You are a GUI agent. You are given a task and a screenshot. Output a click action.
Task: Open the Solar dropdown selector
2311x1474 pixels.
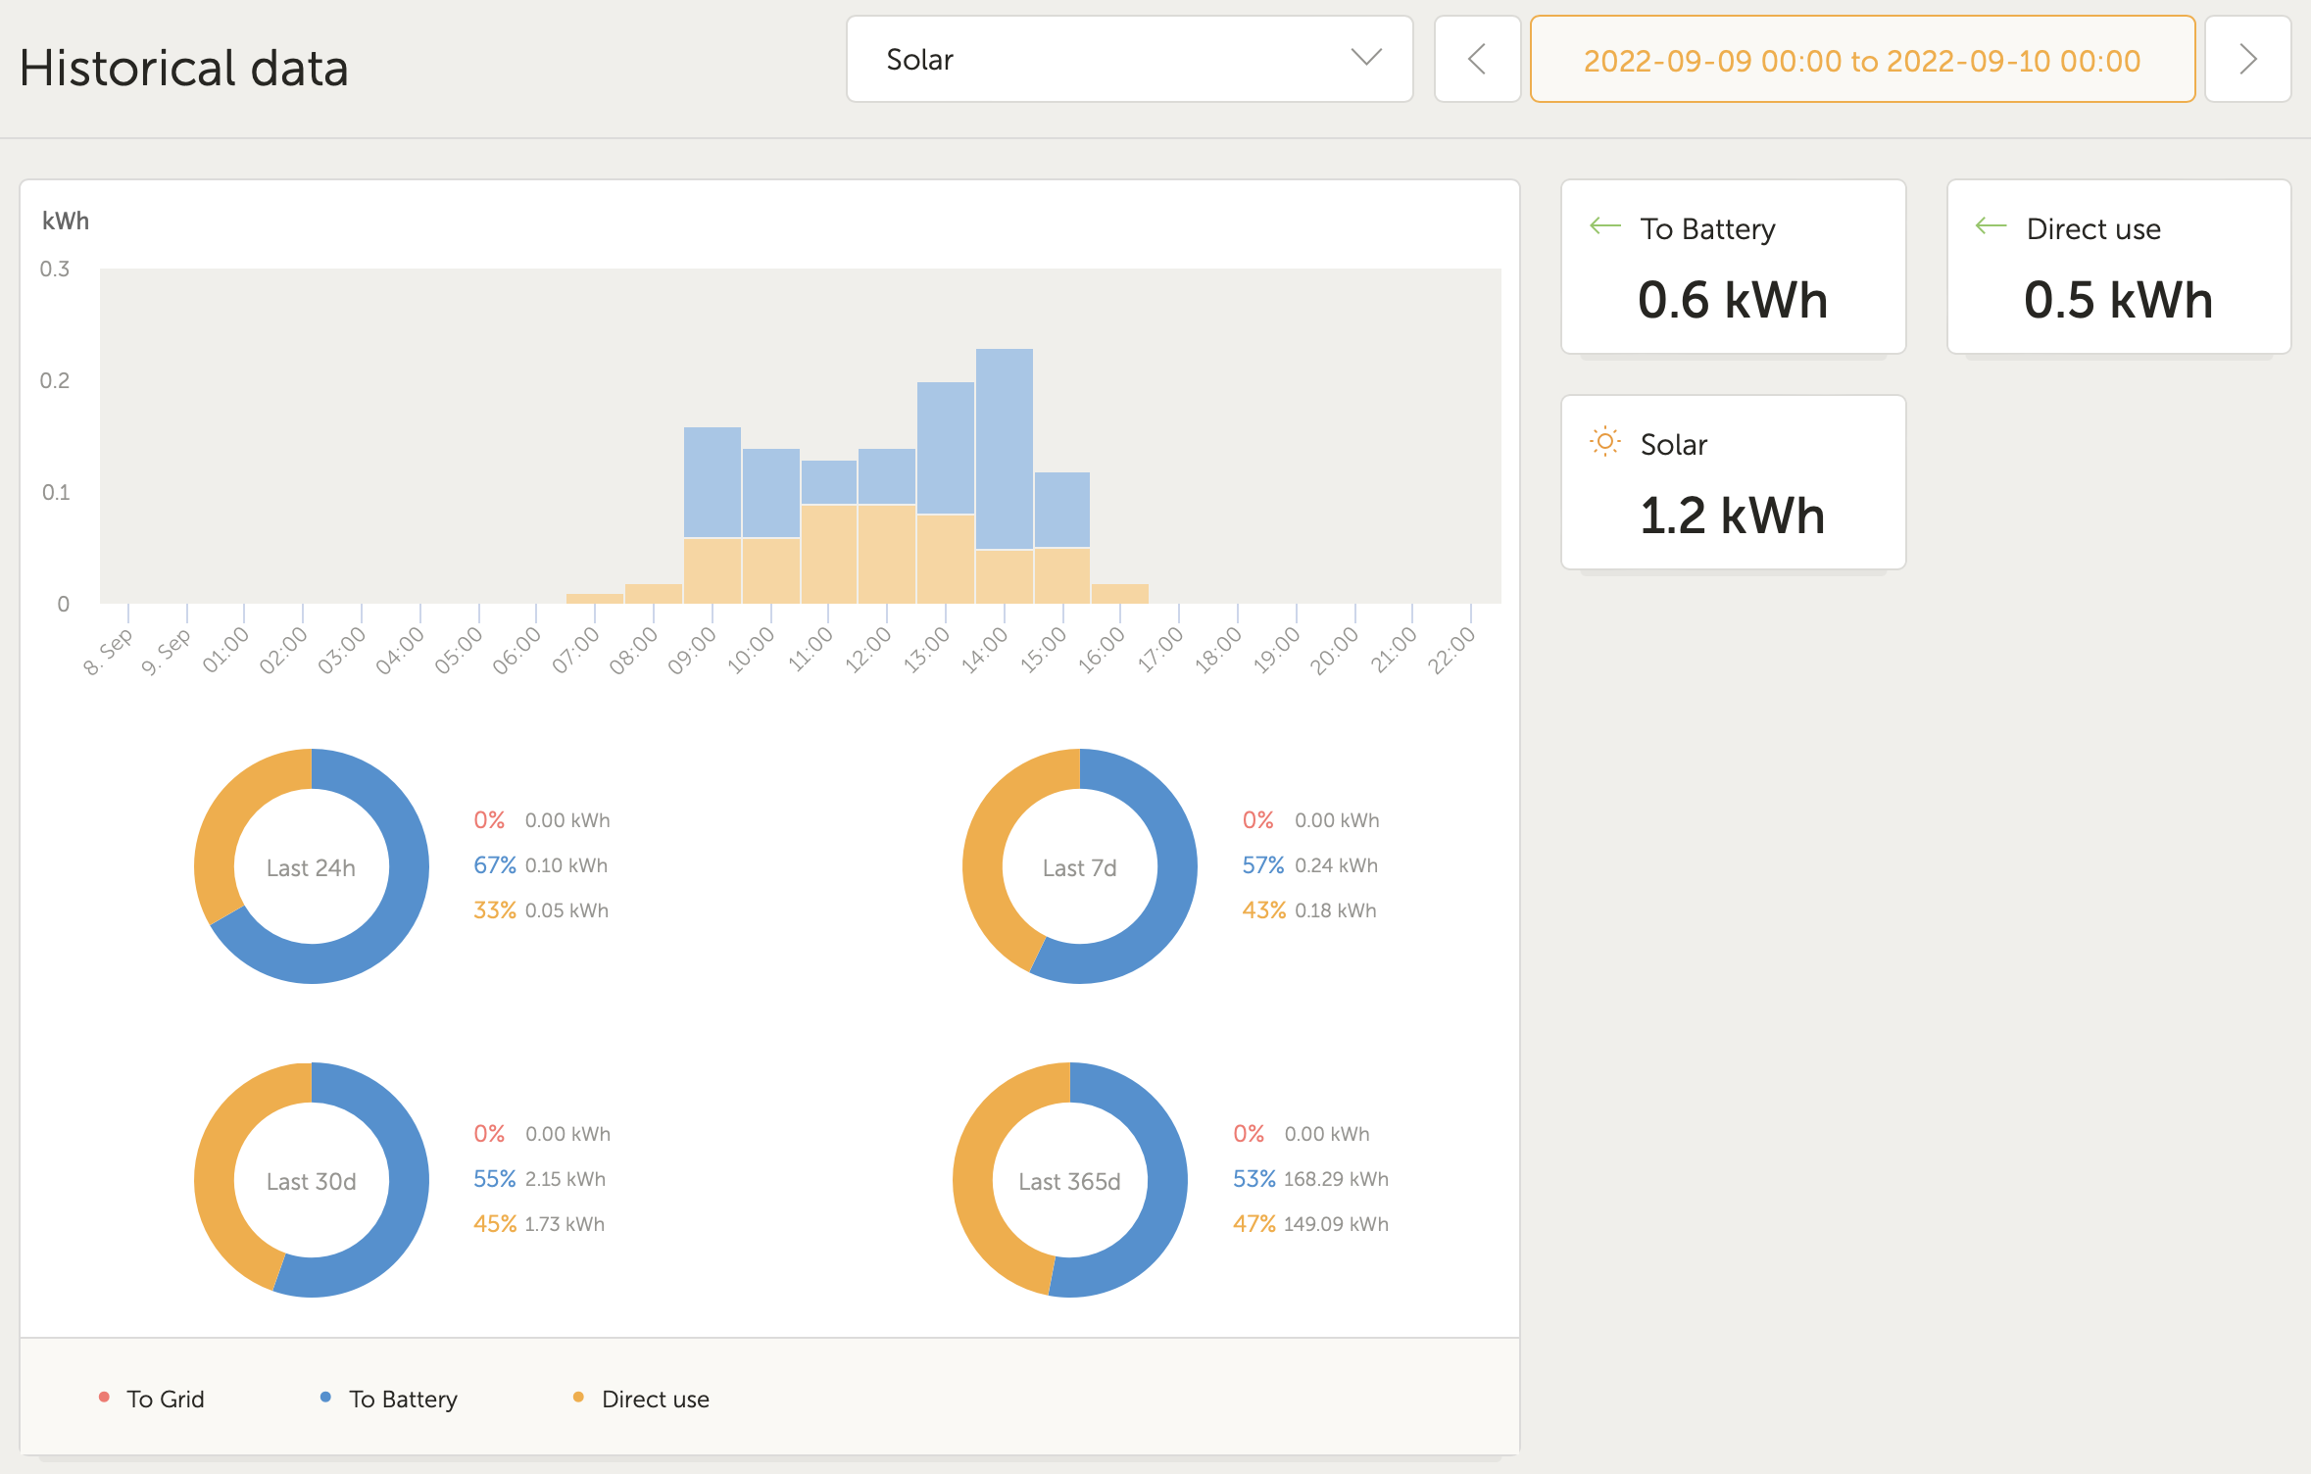(1129, 60)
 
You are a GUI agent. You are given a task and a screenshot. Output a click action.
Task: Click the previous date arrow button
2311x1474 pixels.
(1477, 60)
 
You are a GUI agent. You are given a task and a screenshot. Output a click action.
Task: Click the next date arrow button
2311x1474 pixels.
(2247, 60)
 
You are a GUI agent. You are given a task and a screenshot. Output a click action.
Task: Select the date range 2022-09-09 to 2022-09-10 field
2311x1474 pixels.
(1861, 61)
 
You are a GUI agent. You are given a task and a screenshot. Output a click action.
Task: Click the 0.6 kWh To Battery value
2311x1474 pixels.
(1732, 300)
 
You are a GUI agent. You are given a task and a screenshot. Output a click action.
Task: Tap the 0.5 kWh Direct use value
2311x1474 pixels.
(2118, 300)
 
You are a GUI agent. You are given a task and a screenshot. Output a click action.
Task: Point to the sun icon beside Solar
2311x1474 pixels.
(1604, 442)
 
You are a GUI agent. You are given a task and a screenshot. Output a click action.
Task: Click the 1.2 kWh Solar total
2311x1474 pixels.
(1732, 516)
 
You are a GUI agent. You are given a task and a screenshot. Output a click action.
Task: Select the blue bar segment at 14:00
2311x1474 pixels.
(1004, 448)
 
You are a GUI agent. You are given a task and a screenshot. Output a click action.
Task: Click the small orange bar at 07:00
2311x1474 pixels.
(595, 598)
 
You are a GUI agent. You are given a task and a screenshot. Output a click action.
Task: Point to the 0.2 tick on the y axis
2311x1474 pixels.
(55, 380)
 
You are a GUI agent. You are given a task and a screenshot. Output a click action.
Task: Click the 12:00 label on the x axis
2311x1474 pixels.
(868, 650)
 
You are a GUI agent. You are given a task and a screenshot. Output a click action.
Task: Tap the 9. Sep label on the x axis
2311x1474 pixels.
(166, 652)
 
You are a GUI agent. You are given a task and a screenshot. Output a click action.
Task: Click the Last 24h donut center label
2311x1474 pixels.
(311, 868)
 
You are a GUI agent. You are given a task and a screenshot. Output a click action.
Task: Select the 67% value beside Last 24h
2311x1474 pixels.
(494, 865)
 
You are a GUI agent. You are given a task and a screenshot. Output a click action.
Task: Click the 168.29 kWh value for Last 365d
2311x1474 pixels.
(1336, 1179)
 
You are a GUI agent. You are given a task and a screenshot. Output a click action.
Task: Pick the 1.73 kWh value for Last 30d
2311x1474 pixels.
(565, 1224)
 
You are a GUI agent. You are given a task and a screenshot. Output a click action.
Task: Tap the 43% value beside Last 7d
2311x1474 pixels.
(1263, 910)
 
